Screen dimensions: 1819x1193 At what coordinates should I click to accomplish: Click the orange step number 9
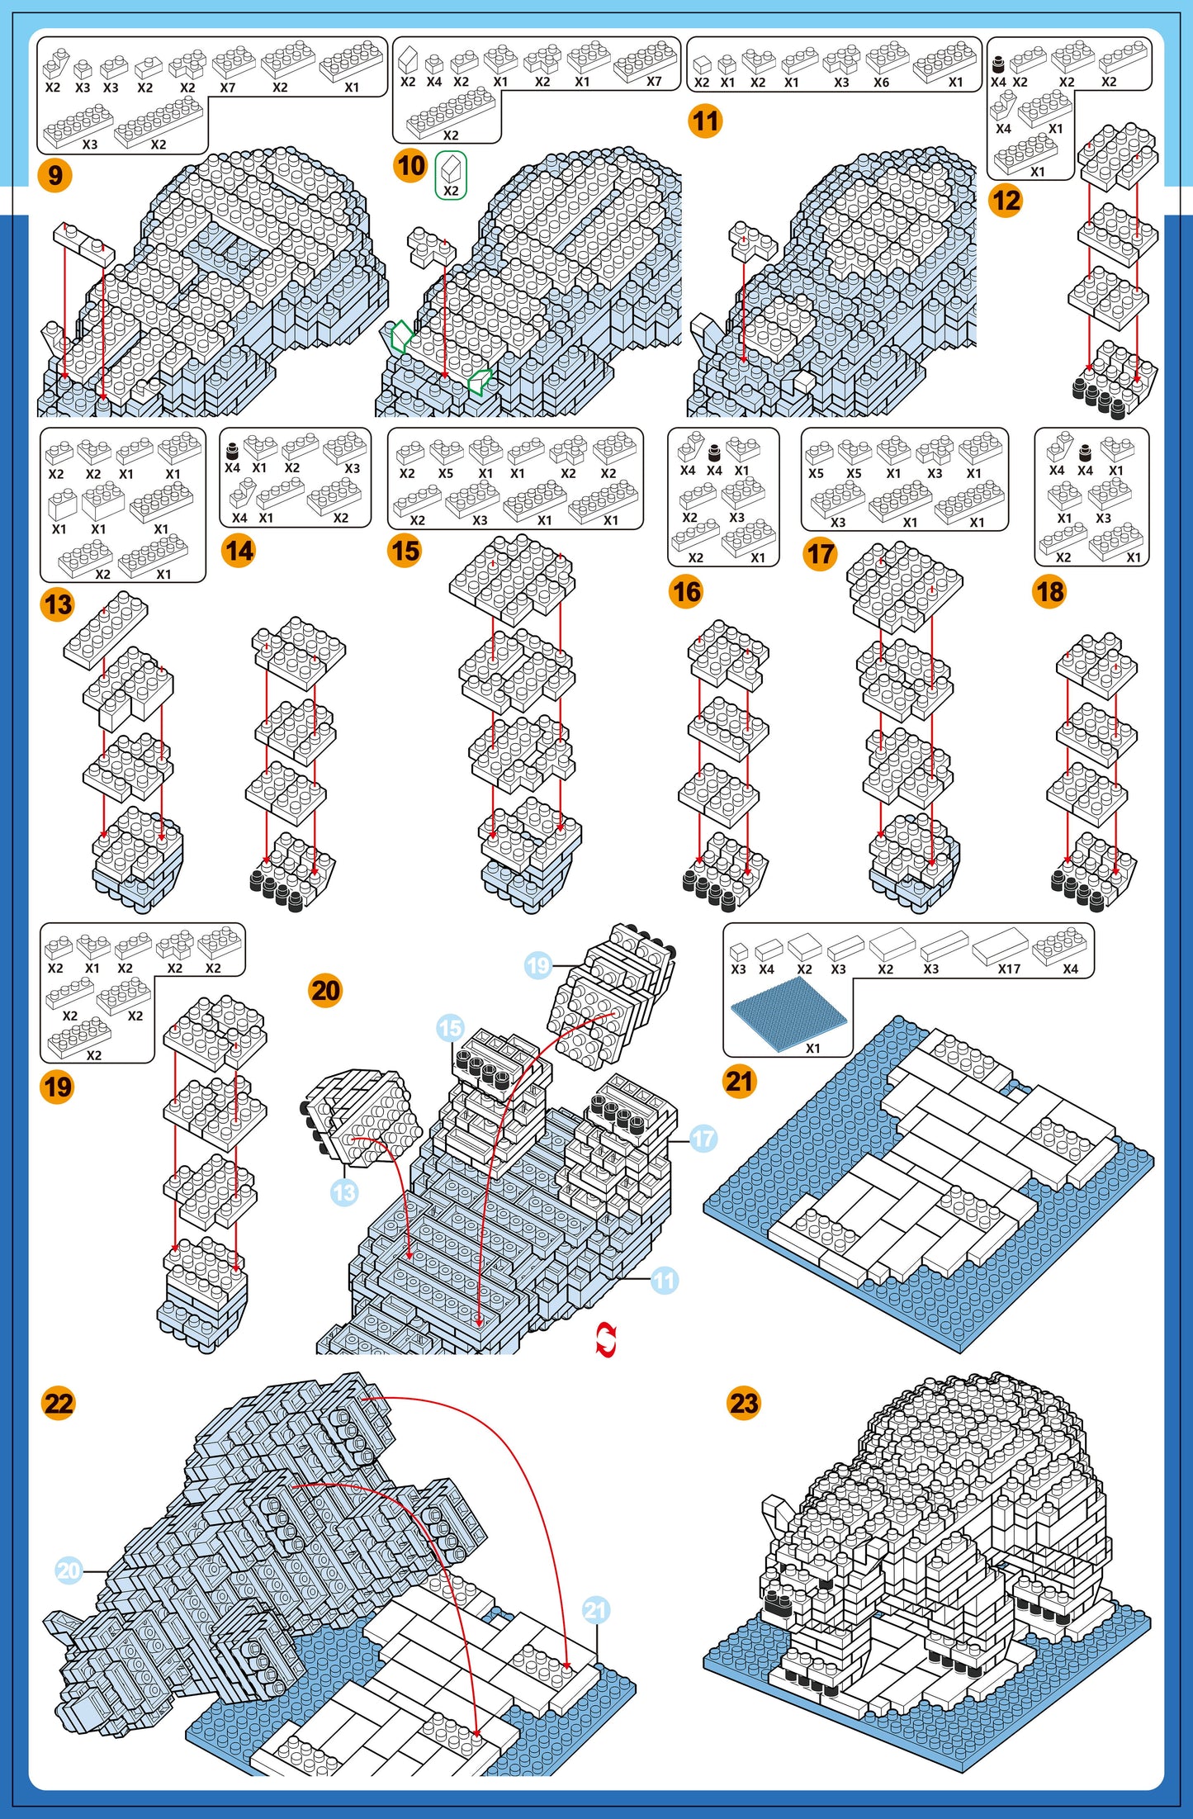pos(55,175)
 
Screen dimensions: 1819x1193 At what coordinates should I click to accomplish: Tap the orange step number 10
pos(410,166)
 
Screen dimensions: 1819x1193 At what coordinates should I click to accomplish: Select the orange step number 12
pos(1006,201)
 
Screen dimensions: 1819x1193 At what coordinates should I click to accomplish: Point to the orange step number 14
pos(239,551)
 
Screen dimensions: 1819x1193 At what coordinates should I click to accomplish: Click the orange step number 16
pos(686,591)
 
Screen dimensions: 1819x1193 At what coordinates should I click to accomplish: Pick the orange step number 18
pos(1049,591)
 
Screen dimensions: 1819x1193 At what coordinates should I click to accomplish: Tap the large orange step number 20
pos(325,990)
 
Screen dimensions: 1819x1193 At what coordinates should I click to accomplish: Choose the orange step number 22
pos(58,1403)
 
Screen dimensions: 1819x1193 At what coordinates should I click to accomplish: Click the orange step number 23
pos(744,1403)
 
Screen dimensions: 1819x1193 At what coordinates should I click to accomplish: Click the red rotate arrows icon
pos(606,1339)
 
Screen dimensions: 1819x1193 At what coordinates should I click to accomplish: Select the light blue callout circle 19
pos(538,964)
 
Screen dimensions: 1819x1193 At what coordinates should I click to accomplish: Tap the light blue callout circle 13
pos(344,1192)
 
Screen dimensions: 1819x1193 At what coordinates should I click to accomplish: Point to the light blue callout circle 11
pos(665,1281)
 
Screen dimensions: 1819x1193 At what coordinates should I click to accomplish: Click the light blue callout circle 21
pos(596,1609)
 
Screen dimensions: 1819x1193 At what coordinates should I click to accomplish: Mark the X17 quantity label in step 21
pos(1009,969)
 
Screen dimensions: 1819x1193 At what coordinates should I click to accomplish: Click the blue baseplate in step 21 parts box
pos(788,1013)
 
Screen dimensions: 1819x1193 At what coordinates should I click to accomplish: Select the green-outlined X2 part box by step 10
pos(451,175)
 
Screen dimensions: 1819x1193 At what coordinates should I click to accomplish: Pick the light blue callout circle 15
pos(450,1028)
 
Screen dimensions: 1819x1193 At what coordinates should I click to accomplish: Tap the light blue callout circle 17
pos(703,1139)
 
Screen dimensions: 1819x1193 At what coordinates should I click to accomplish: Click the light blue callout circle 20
pos(69,1570)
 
